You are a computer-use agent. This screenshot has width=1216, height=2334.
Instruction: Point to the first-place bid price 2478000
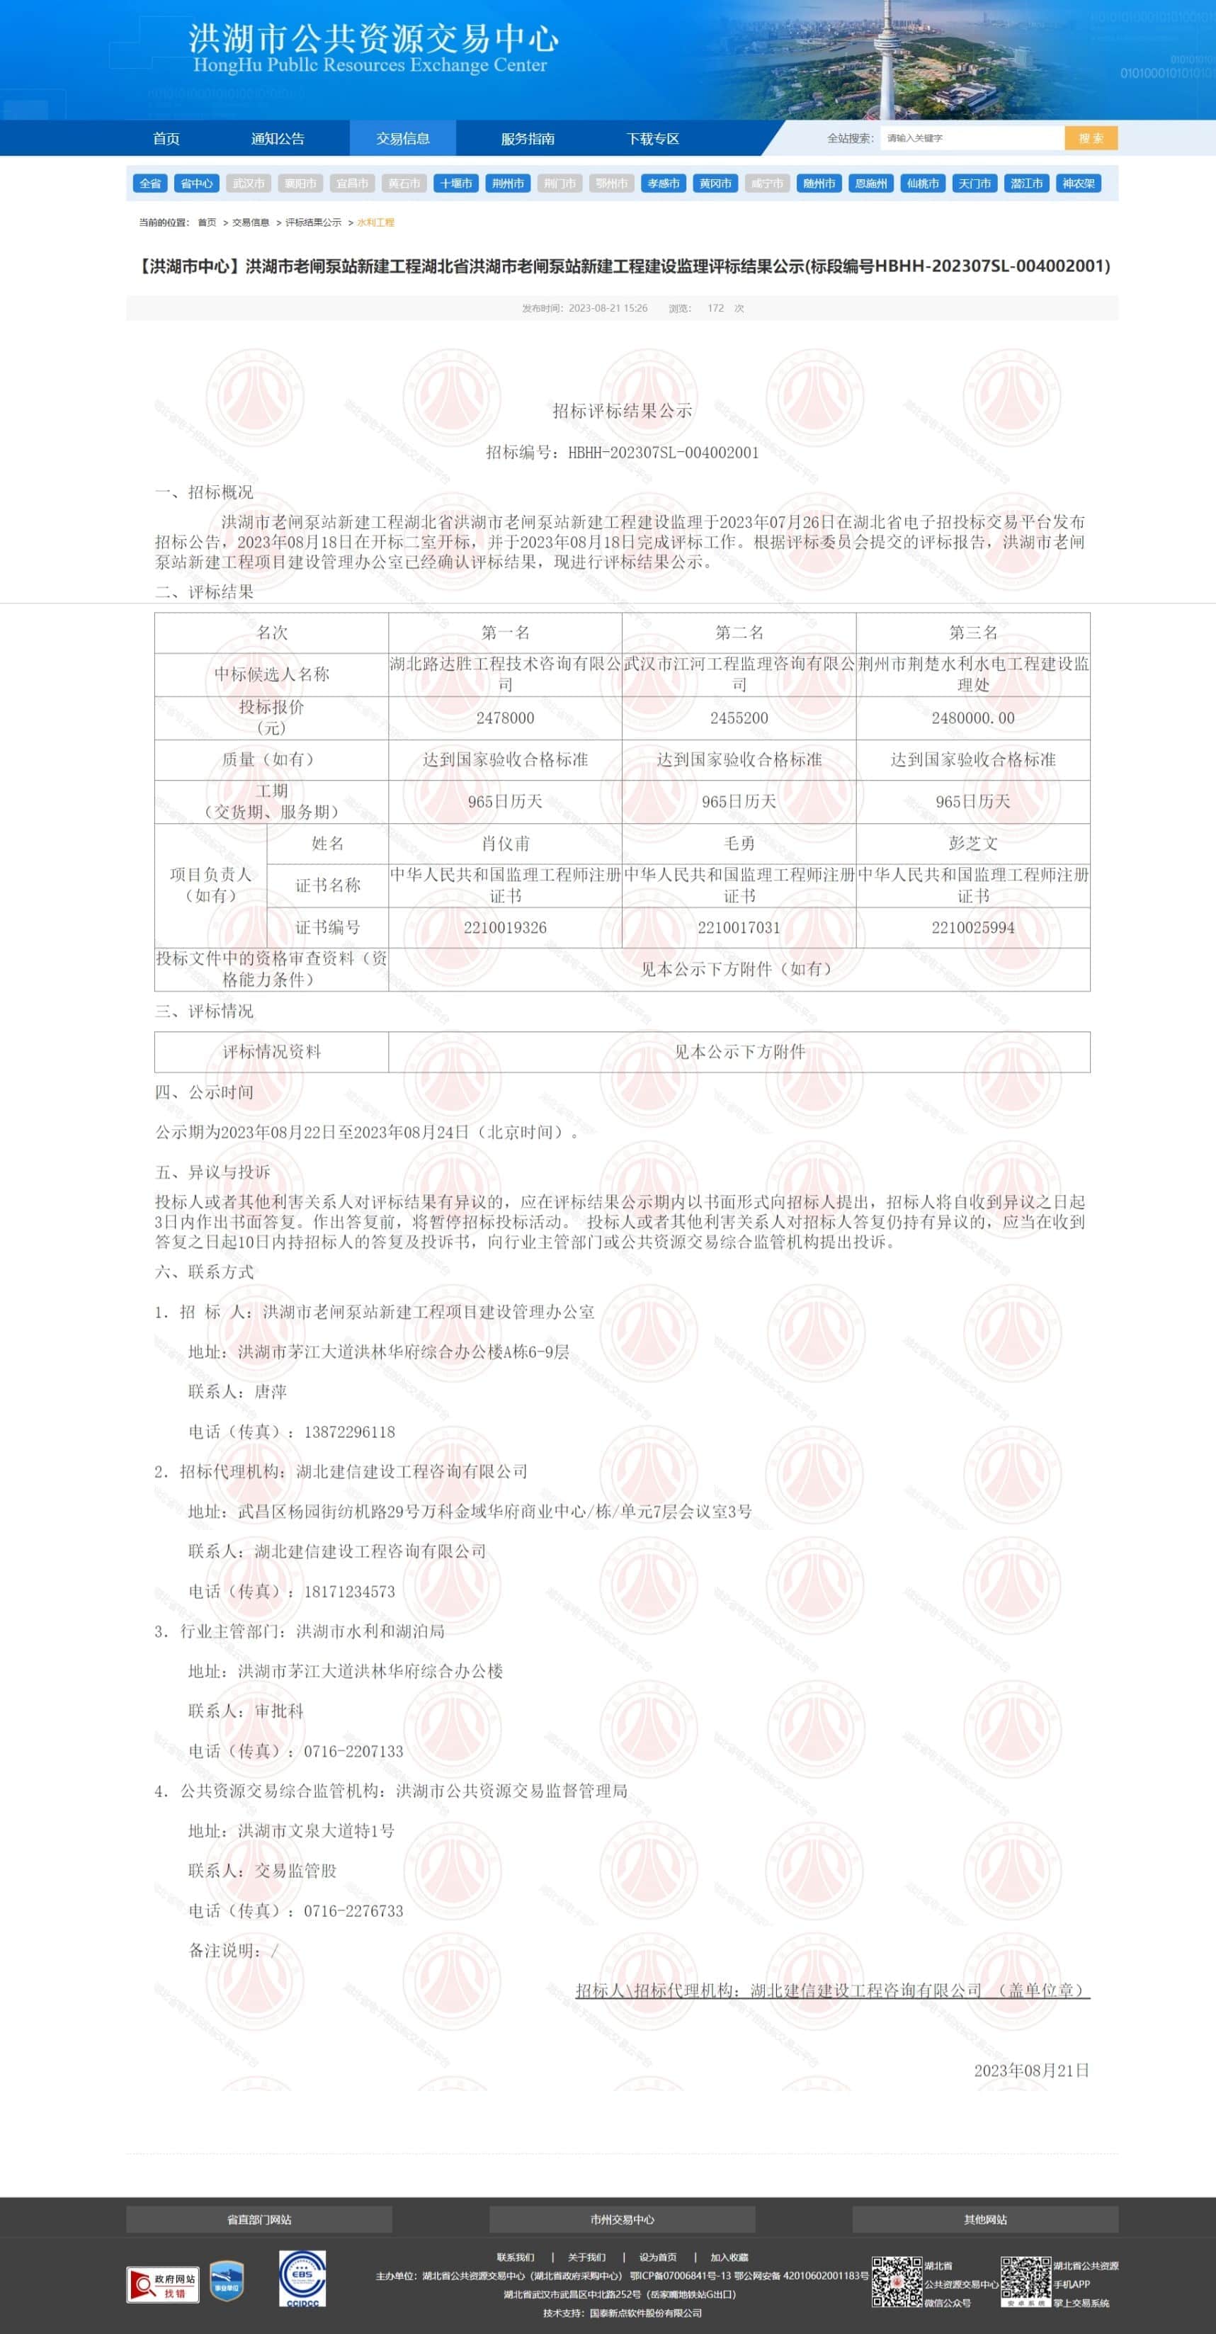pyautogui.click(x=505, y=718)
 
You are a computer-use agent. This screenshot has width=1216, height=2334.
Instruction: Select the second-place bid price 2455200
pyautogui.click(x=739, y=718)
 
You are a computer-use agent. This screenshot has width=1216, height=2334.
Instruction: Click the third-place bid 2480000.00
pyautogui.click(x=972, y=718)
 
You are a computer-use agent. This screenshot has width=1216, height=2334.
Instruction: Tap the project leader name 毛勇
pyautogui.click(x=739, y=844)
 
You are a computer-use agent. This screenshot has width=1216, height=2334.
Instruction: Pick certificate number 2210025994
pyautogui.click(x=972, y=928)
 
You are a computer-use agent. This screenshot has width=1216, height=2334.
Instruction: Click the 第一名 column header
pyautogui.click(x=505, y=633)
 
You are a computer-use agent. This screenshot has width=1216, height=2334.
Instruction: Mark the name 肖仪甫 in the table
pyautogui.click(x=505, y=844)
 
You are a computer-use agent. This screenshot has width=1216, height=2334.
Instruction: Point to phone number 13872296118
pyautogui.click(x=349, y=1432)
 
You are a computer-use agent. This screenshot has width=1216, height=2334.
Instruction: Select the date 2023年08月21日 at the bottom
pyautogui.click(x=1031, y=2070)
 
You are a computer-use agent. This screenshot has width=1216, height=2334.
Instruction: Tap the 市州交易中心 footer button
pyautogui.click(x=622, y=2219)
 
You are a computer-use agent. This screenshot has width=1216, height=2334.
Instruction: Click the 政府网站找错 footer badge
pyautogui.click(x=163, y=2284)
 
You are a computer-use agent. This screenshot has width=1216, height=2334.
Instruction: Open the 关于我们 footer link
pyautogui.click(x=586, y=2257)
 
